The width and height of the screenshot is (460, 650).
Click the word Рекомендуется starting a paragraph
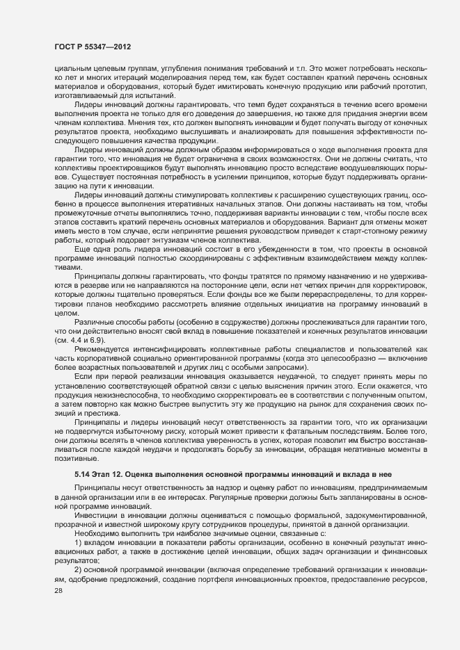pyautogui.click(x=100, y=350)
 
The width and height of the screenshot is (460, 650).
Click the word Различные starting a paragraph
pyautogui.click(x=94, y=323)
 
